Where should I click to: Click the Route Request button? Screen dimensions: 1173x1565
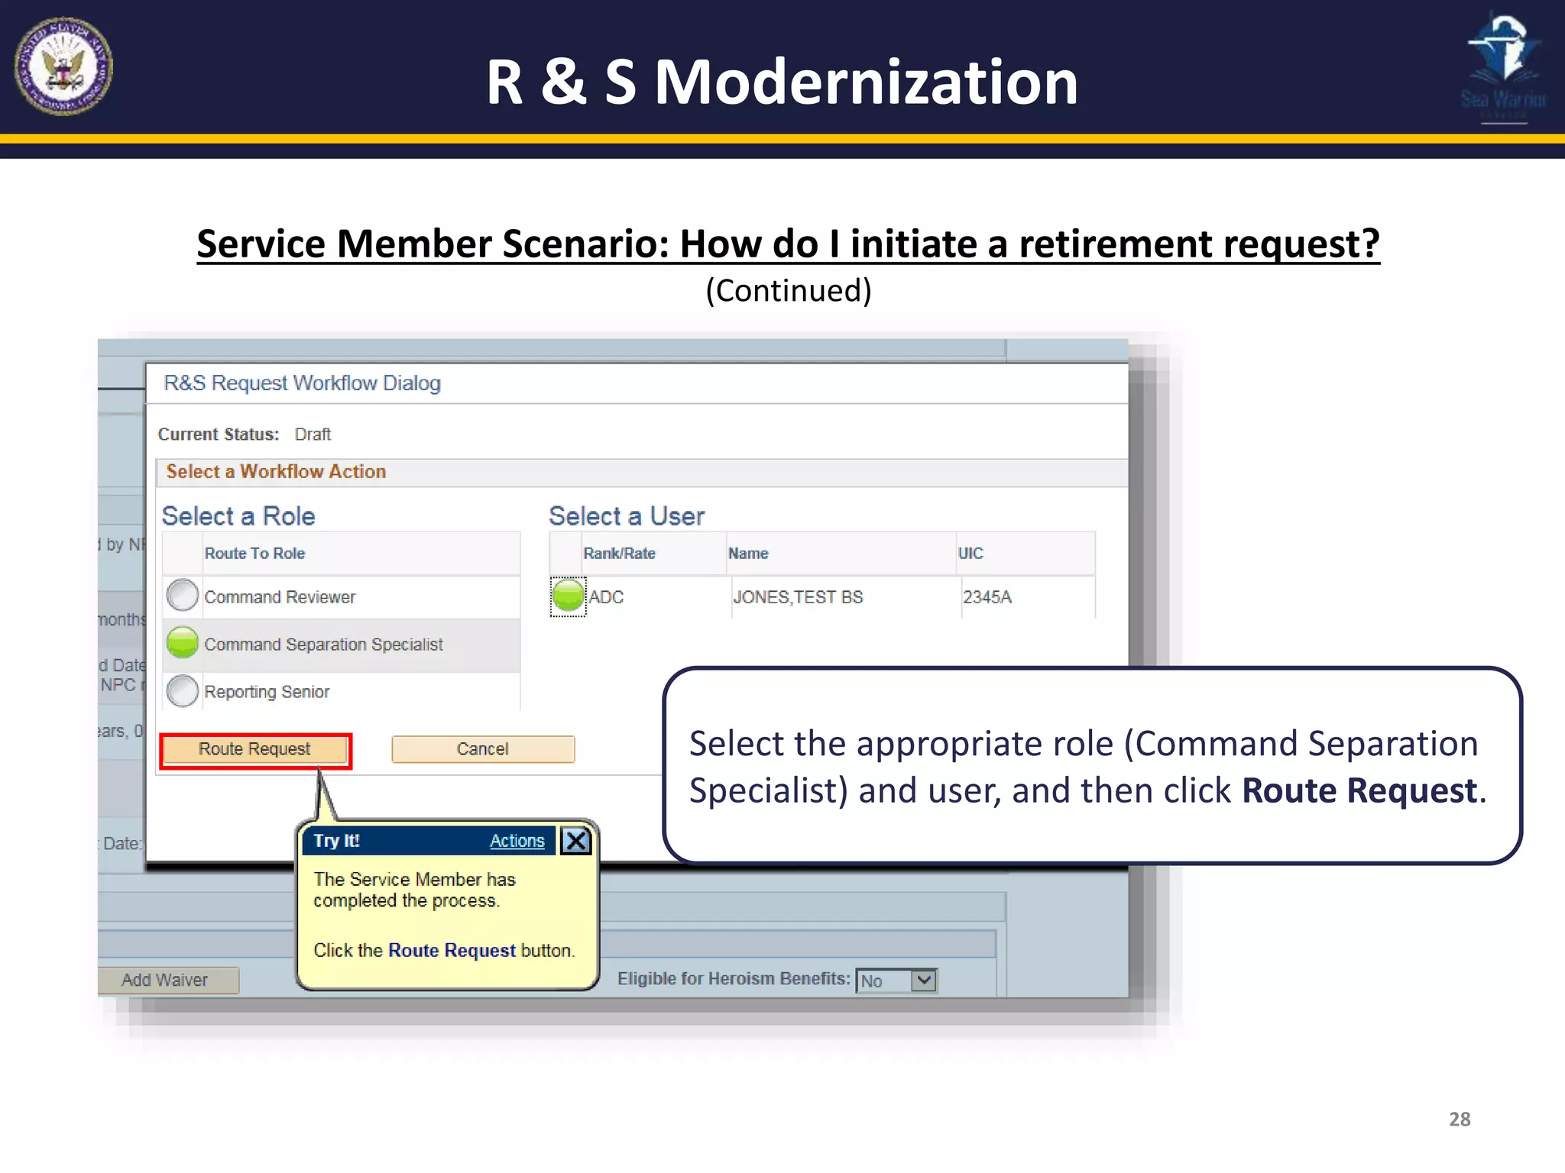[254, 749]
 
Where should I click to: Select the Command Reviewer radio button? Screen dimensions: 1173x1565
[183, 596]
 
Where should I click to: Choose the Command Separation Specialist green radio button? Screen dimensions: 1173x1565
[183, 643]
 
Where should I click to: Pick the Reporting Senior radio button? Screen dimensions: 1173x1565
[183, 691]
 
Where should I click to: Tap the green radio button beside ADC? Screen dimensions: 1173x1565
[568, 596]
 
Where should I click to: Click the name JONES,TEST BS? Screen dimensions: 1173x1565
[798, 597]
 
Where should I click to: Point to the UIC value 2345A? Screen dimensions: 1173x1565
[987, 597]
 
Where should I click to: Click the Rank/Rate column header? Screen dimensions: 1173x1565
[619, 554]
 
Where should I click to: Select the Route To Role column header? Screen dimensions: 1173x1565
[254, 554]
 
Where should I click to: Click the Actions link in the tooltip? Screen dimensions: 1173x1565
[517, 841]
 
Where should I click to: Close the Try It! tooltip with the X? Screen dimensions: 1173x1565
[575, 841]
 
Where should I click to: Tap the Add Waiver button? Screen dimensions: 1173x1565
[165, 980]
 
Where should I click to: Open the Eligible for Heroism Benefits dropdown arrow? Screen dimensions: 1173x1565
[924, 980]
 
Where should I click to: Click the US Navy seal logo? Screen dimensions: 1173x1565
[63, 66]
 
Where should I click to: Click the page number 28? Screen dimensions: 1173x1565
[1460, 1119]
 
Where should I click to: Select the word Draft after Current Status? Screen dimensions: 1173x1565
[313, 435]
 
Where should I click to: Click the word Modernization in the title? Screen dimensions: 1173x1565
[866, 82]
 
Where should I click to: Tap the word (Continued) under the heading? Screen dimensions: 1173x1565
[788, 291]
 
